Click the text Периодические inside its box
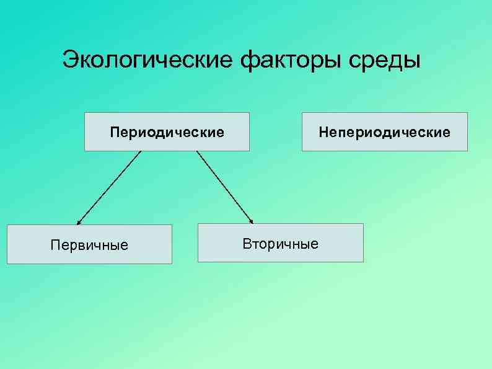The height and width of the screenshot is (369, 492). [167, 132]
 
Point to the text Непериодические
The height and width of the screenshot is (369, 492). [384, 132]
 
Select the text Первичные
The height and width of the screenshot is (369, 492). [89, 246]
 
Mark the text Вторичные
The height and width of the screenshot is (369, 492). [280, 244]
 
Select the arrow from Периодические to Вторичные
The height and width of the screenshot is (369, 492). [224, 185]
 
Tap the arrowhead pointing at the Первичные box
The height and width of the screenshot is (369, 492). [79, 221]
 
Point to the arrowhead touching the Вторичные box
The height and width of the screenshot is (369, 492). [251, 220]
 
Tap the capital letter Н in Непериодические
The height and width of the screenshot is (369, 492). [322, 132]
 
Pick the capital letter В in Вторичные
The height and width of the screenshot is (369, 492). [247, 244]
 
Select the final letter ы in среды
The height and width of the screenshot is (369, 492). [411, 62]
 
